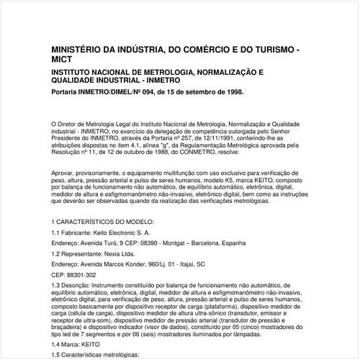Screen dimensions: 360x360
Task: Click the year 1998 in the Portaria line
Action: [232, 93]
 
